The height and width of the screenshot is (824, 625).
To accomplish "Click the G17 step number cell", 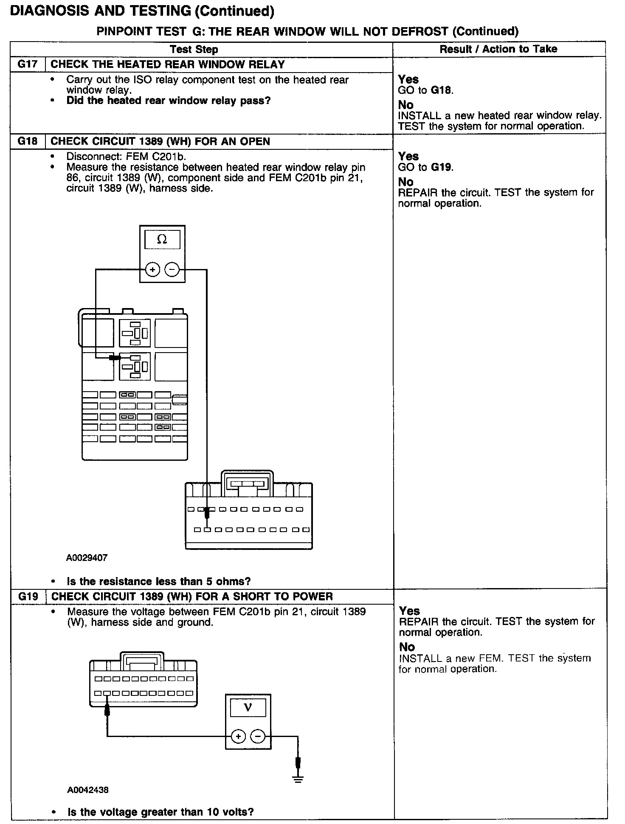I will click(27, 64).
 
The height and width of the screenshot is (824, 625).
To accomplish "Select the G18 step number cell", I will click(27, 141).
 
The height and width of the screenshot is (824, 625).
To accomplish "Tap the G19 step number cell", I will click(28, 596).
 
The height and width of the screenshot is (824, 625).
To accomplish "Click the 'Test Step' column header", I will click(194, 49).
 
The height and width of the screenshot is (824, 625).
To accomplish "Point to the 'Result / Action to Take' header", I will click(498, 49).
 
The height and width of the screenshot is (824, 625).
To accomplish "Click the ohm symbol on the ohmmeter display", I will click(162, 240).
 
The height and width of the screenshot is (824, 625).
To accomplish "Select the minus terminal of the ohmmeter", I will click(172, 269).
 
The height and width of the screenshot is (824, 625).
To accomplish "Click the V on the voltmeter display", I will click(248, 707).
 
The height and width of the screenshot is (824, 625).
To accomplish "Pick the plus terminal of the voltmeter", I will click(239, 736).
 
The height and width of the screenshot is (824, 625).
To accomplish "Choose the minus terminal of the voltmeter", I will click(258, 736).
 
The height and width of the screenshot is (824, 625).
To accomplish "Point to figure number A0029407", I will click(87, 558).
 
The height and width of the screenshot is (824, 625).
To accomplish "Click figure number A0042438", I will click(87, 790).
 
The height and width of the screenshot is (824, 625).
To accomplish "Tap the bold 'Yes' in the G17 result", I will click(408, 79).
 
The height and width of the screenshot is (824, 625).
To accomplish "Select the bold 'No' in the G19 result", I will click(407, 647).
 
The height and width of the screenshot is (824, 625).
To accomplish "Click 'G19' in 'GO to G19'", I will click(441, 167).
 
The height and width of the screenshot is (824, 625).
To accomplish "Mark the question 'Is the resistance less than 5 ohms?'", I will click(159, 581).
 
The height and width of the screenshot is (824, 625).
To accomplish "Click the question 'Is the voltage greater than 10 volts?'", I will click(160, 812).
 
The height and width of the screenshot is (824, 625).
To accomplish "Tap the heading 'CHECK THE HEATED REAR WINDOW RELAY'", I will click(168, 64).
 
